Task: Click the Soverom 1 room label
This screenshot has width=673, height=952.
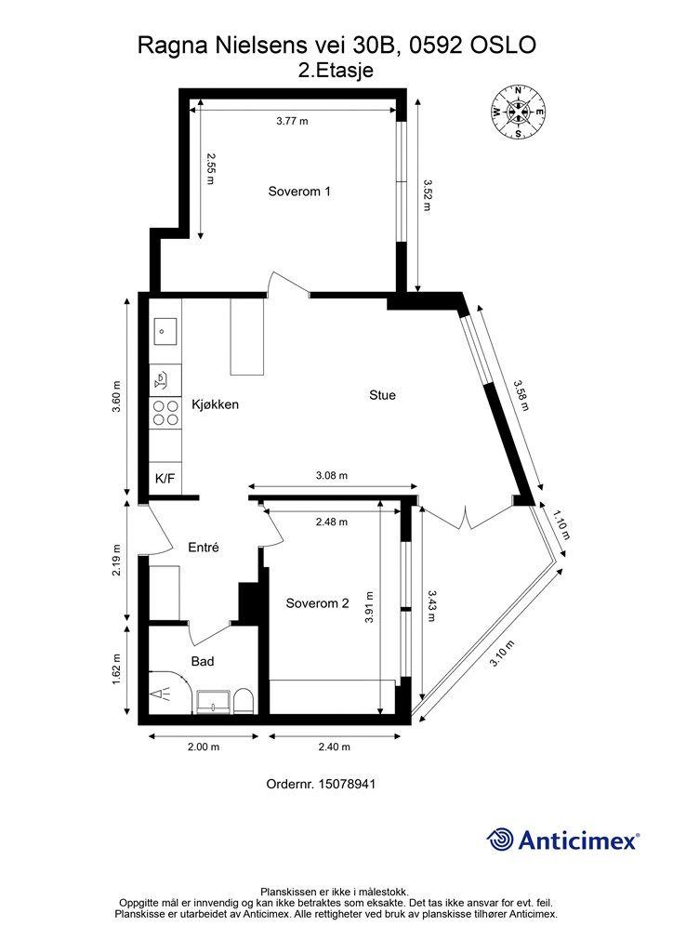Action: (299, 192)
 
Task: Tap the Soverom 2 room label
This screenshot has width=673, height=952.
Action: (317, 603)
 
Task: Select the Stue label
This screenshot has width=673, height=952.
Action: (382, 395)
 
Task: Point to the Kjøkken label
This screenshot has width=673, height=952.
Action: (216, 404)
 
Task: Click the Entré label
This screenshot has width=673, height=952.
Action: (203, 548)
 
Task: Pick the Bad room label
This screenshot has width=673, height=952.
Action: (203, 661)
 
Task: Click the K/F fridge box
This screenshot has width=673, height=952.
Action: (165, 479)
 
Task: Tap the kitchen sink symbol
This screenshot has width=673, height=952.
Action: (165, 330)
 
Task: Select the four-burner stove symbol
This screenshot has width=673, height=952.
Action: (165, 413)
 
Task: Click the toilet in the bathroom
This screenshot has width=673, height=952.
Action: (244, 702)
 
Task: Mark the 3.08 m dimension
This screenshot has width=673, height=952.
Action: (331, 476)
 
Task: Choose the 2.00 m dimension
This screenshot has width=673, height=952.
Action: (203, 747)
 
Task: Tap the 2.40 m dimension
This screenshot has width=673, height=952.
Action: (334, 747)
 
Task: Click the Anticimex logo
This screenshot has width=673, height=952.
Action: (563, 840)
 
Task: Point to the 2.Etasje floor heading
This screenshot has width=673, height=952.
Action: (336, 69)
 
